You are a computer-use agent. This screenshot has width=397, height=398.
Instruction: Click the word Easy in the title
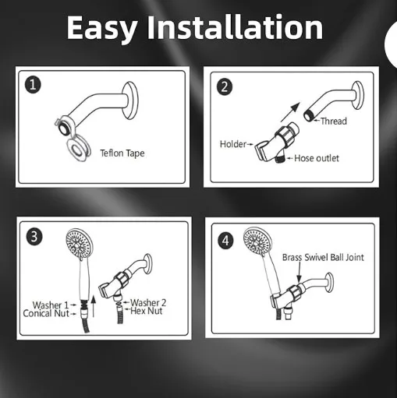point(104,28)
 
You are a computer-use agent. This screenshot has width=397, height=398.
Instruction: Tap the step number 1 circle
point(32,85)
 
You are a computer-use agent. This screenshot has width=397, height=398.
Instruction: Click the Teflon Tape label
point(122,153)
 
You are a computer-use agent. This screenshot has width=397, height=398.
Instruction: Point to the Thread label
point(334,122)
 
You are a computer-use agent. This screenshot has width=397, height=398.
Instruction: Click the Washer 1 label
point(51,305)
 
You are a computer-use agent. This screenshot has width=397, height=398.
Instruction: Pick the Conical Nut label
point(52,314)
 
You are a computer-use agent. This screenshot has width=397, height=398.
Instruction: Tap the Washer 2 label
point(149,302)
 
